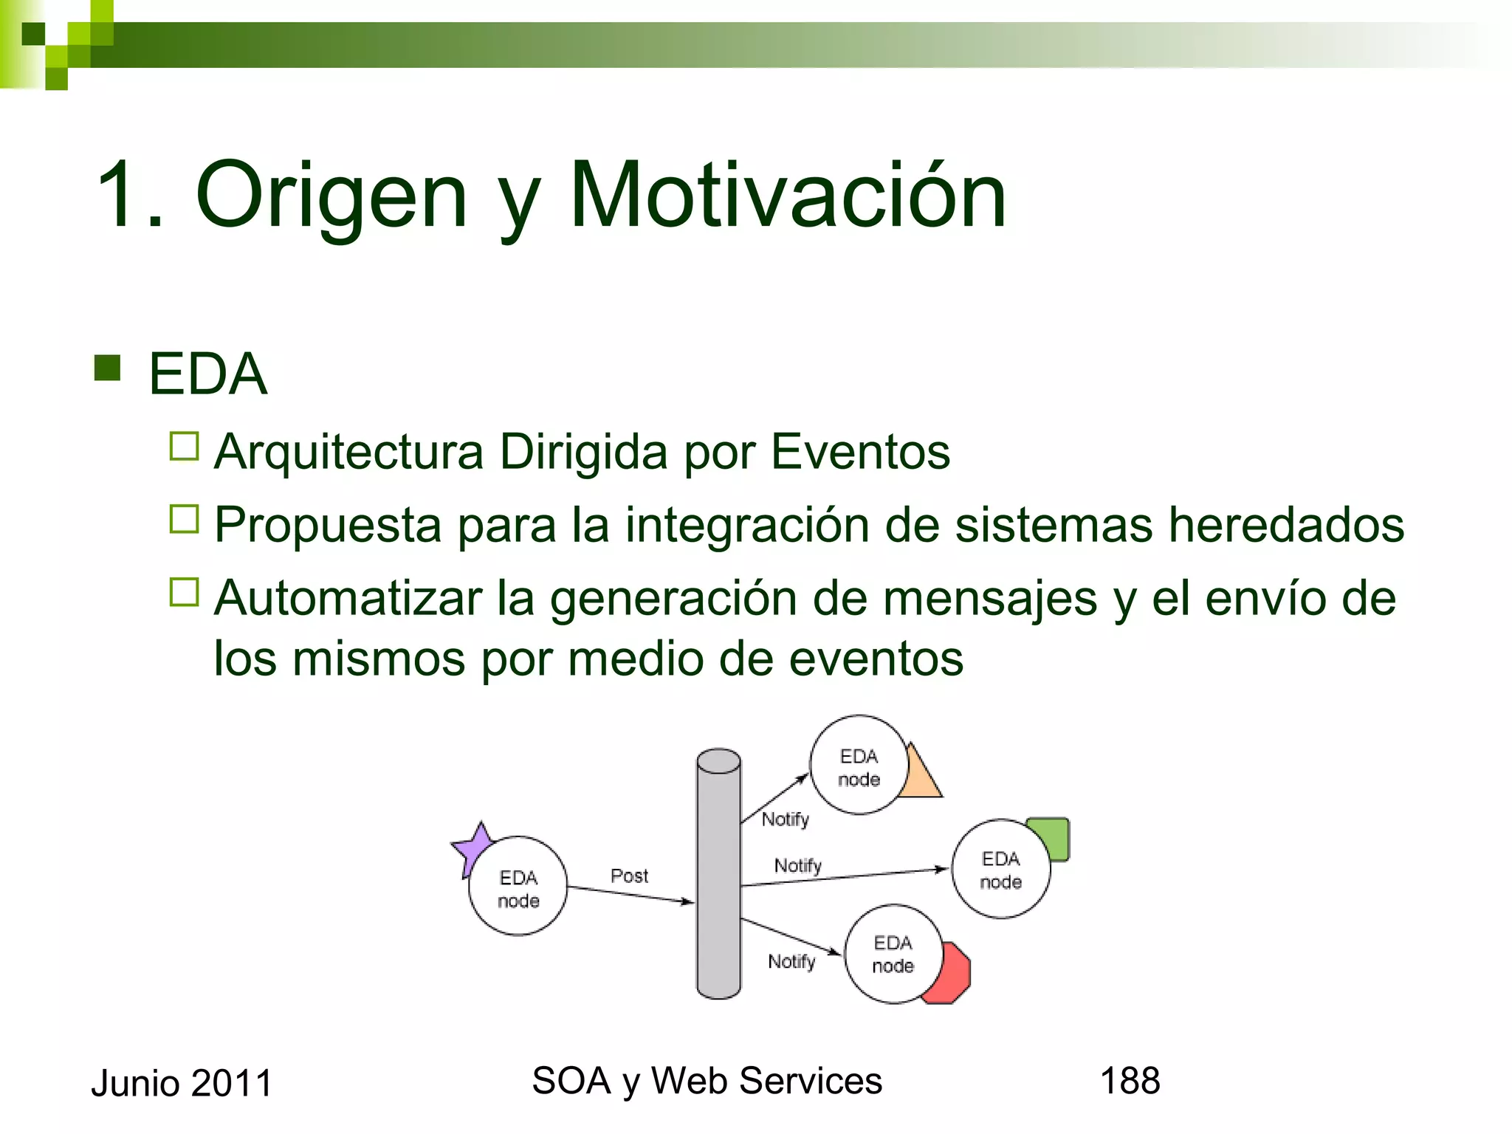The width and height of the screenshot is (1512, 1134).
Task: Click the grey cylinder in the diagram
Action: point(718,875)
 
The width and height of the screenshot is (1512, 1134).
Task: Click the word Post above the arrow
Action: point(629,876)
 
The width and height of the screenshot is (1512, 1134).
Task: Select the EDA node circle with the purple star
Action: point(518,887)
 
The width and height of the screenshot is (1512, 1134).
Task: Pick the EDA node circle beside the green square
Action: point(1000,870)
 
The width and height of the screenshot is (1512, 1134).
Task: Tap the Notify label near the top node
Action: point(786,819)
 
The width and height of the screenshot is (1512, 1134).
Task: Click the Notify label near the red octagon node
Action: point(791,961)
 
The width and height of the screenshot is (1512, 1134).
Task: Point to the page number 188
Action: point(1130,1081)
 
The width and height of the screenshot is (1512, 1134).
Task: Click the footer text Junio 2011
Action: point(182,1084)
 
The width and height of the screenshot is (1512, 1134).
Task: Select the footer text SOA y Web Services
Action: point(707,1081)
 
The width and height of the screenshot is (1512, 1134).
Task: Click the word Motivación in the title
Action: point(788,195)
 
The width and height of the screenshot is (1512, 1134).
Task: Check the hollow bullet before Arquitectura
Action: point(185,447)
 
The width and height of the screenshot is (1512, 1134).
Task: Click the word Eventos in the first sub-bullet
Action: point(860,452)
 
